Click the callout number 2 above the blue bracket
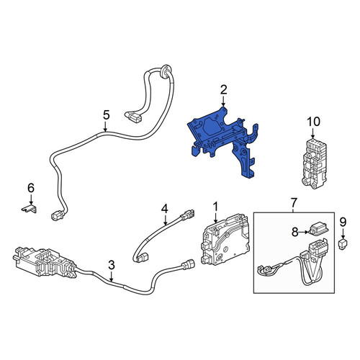coord(223,90)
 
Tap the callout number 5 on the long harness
coord(107,115)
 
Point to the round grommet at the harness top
coord(166,71)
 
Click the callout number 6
coord(31,188)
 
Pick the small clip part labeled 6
coord(30,209)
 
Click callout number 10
coord(313,122)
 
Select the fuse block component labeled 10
coord(314,163)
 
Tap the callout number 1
coord(216,207)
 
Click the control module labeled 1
coord(225,240)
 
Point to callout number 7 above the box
coord(294,203)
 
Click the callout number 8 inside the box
coord(295,232)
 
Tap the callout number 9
coord(343,222)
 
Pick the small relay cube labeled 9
coord(343,244)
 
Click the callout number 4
coord(164,209)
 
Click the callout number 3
coord(112,265)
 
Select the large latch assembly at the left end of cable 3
coord(45,262)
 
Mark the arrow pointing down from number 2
coord(223,101)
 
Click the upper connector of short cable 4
coord(187,215)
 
